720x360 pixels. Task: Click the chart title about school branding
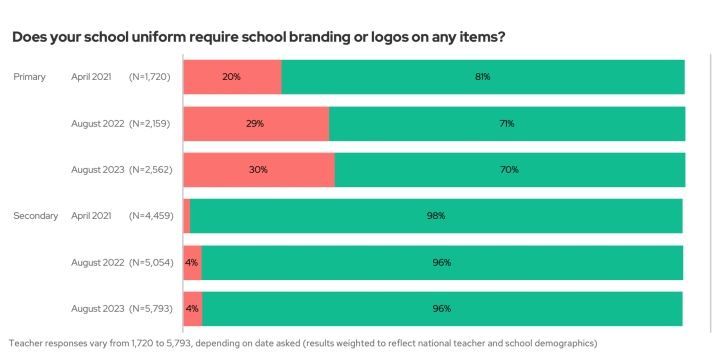pos(258,37)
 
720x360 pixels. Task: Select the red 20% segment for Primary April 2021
pos(232,77)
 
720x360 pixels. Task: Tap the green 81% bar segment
pos(483,77)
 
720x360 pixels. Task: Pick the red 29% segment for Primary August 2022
pos(256,123)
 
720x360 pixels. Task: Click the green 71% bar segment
pos(507,123)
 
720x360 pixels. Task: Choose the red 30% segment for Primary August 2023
pos(259,169)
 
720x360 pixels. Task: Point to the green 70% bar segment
pos(510,169)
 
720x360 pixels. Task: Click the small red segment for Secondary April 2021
pos(187,216)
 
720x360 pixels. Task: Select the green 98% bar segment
pos(436,216)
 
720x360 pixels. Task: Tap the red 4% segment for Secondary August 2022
pos(192,262)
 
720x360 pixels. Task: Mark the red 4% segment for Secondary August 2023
pos(193,308)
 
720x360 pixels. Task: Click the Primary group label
pos(29,77)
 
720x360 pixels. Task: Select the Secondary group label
pos(35,216)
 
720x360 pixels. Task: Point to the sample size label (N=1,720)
pos(150,77)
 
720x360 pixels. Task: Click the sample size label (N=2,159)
pos(150,123)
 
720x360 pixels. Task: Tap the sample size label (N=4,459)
pos(151,216)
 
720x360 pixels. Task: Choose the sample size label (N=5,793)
pos(151,308)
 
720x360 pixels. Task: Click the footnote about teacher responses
pos(303,343)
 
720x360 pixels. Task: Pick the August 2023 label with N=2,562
pos(97,169)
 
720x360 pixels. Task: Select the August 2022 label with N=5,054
pos(97,262)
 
